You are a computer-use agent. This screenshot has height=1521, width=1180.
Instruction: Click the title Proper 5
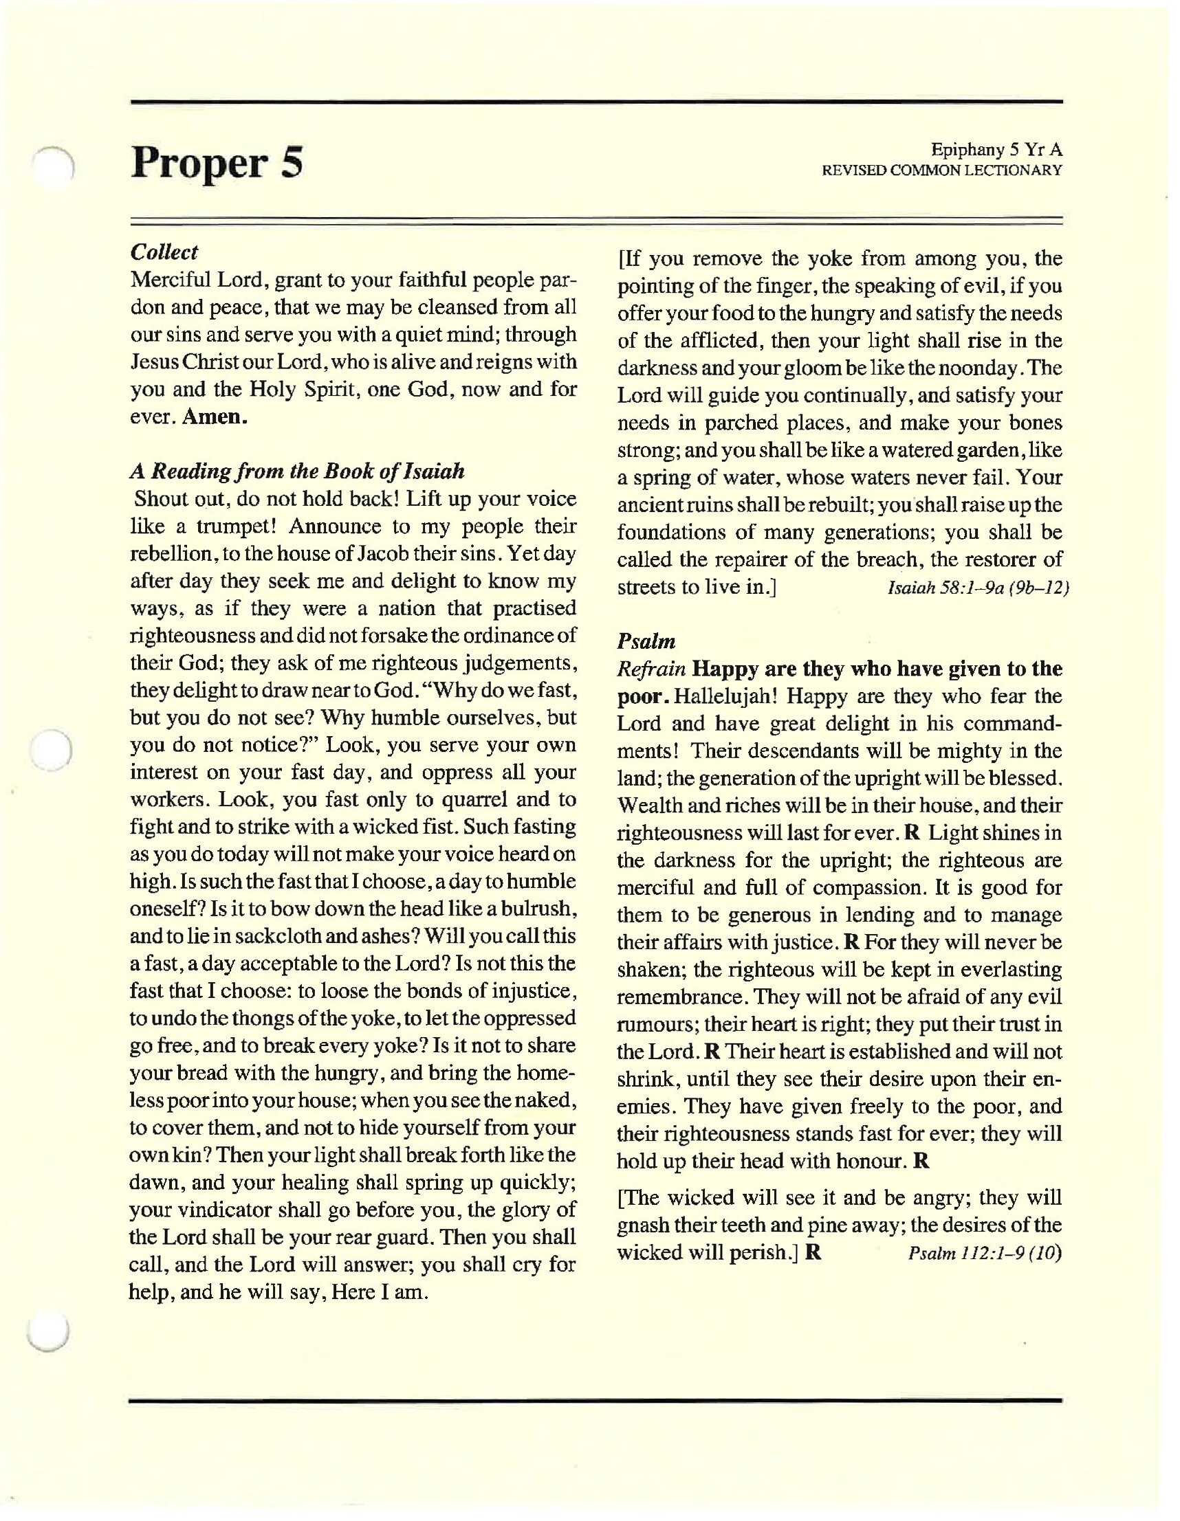[x=217, y=164]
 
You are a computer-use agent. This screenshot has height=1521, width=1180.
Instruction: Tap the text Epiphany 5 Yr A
[x=996, y=150]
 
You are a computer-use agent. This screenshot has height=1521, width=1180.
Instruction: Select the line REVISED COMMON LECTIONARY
[x=942, y=170]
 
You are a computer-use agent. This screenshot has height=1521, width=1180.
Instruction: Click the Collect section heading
[x=164, y=252]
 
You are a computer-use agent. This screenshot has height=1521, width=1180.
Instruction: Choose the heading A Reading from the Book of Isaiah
[x=297, y=471]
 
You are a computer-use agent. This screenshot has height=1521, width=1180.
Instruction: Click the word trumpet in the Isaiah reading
[x=230, y=526]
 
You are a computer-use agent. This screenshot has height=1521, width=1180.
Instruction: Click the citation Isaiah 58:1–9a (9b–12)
[x=978, y=588]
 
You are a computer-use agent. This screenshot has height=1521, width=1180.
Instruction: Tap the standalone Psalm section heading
[x=646, y=641]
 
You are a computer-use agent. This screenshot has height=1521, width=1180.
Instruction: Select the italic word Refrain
[x=651, y=669]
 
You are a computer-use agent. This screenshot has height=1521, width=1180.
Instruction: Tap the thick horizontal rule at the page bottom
[x=595, y=1400]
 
